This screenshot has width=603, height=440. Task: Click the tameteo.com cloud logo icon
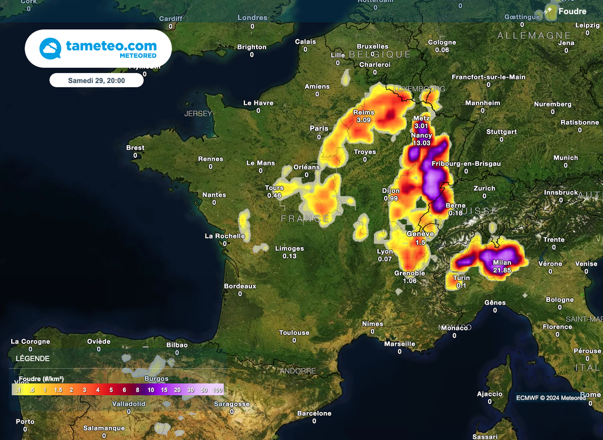pyautogui.click(x=50, y=48)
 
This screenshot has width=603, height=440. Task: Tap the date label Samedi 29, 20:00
pyautogui.click(x=96, y=81)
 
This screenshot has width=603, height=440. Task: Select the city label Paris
pyautogui.click(x=319, y=128)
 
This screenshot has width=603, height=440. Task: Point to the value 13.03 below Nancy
pyautogui.click(x=421, y=143)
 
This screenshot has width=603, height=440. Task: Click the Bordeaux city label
pyautogui.click(x=240, y=286)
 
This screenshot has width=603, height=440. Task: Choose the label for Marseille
pyautogui.click(x=399, y=344)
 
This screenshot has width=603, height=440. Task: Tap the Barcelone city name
pyautogui.click(x=314, y=413)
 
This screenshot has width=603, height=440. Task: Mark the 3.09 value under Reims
pyautogui.click(x=363, y=120)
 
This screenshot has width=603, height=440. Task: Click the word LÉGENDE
pyautogui.click(x=32, y=358)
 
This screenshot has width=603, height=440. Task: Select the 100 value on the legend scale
pyautogui.click(x=217, y=390)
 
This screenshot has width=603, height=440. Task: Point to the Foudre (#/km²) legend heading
pyautogui.click(x=41, y=379)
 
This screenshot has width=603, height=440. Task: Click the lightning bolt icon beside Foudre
pyautogui.click(x=551, y=11)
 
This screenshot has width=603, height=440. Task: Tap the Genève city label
pyautogui.click(x=420, y=234)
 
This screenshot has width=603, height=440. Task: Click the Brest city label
pyautogui.click(x=135, y=148)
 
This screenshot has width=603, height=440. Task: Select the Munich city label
pyautogui.click(x=565, y=158)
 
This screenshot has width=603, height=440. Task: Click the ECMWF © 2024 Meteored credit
pyautogui.click(x=551, y=398)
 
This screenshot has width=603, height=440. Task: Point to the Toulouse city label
pyautogui.click(x=294, y=333)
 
